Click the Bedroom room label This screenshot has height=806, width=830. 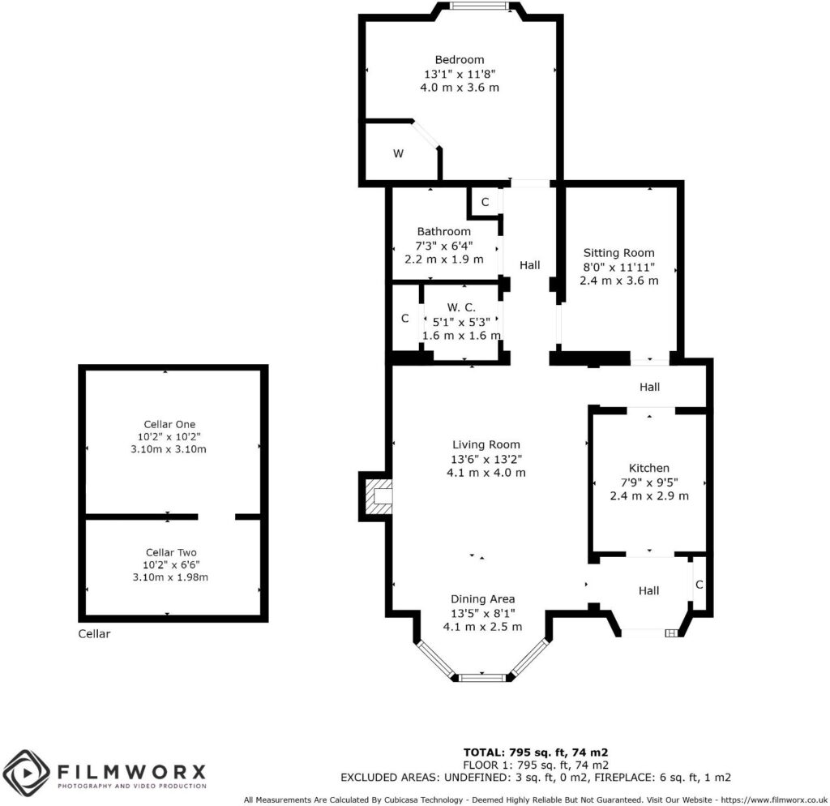coord(459,59)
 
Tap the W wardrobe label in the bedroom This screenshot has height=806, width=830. coord(398,153)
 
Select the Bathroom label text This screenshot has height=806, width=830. coord(443,231)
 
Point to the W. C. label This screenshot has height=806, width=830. coord(461,307)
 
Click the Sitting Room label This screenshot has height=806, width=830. coord(618,253)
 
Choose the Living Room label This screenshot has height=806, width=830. coord(486,444)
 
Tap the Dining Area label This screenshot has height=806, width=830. coord(483,599)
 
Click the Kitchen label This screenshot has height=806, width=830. coord(648,468)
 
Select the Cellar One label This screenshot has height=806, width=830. coord(169,424)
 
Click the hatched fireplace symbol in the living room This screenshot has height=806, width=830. coord(378,495)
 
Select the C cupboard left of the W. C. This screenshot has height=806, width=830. coord(405,319)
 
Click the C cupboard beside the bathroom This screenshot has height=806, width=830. coord(484,202)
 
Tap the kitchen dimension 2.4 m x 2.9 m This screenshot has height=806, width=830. coord(648,495)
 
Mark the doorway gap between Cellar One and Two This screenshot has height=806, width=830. coord(216,517)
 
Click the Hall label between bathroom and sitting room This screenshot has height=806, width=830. coord(529,265)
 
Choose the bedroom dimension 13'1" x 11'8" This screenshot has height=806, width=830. coord(459,73)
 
